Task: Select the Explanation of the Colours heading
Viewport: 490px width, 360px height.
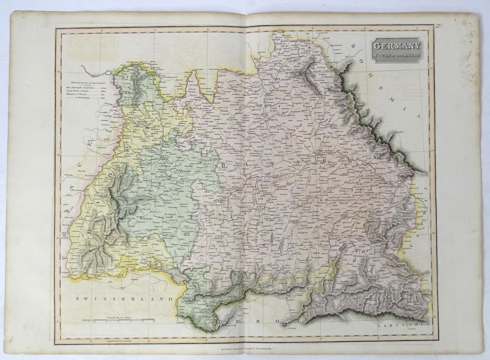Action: (88, 83)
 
